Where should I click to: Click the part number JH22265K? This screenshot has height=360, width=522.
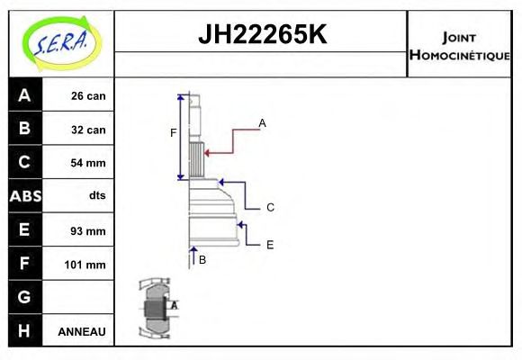pyautogui.click(x=261, y=35)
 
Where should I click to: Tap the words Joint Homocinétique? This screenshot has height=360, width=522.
pyautogui.click(x=459, y=46)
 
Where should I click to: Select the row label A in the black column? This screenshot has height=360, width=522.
pyautogui.click(x=24, y=95)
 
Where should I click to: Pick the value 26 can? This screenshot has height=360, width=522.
pyautogui.click(x=88, y=96)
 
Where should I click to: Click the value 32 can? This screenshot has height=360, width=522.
pyautogui.click(x=88, y=130)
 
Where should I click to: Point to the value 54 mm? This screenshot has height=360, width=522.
pyautogui.click(x=88, y=163)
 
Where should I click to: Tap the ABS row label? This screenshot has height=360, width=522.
pyautogui.click(x=24, y=196)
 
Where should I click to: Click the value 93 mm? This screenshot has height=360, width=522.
pyautogui.click(x=88, y=230)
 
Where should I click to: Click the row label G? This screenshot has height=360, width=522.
pyautogui.click(x=24, y=297)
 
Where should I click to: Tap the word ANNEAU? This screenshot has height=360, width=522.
pyautogui.click(x=82, y=331)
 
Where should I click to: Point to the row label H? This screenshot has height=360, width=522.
pyautogui.click(x=24, y=330)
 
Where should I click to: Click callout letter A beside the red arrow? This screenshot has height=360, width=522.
pyautogui.click(x=262, y=122)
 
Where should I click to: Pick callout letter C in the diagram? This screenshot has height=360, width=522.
pyautogui.click(x=270, y=208)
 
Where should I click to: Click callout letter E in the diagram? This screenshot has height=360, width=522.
pyautogui.click(x=269, y=244)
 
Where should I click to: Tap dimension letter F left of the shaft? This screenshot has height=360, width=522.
pyautogui.click(x=174, y=133)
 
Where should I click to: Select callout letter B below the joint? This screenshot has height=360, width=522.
pyautogui.click(x=202, y=260)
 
